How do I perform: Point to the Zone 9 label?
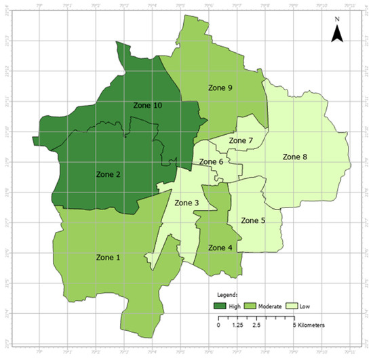click(220, 87)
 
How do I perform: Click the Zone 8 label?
click(294, 157)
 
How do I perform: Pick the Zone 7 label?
click(240, 140)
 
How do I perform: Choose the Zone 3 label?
click(186, 203)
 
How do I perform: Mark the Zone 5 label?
click(253, 220)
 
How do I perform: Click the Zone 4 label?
click(220, 247)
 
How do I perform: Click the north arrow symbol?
click(335, 36)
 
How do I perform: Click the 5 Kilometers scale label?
click(309, 325)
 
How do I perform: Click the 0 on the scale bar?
click(218, 325)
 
